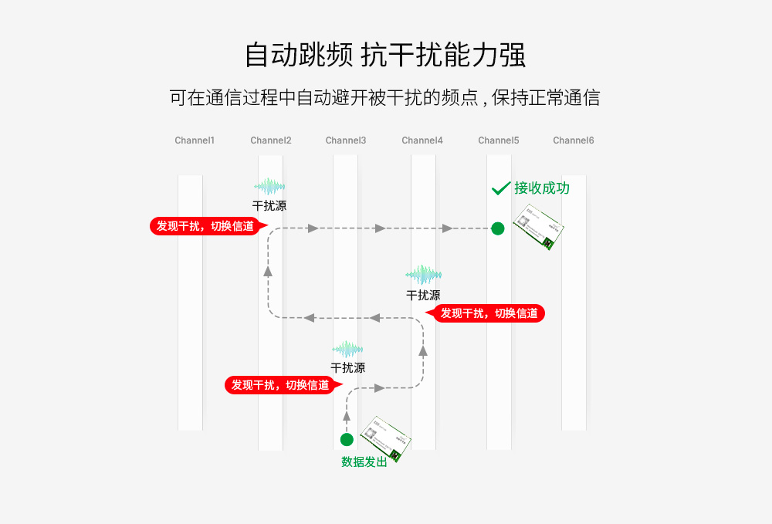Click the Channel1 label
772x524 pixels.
click(x=195, y=140)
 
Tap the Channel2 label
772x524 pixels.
click(x=271, y=140)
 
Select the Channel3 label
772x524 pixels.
click(x=346, y=140)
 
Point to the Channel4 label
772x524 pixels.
click(x=422, y=140)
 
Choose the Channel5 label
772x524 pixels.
click(x=499, y=140)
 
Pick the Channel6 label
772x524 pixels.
click(x=574, y=140)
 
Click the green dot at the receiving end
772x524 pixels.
click(x=498, y=228)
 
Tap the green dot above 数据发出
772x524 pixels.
click(x=347, y=440)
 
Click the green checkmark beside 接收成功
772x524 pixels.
click(x=501, y=188)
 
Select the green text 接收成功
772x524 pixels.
click(x=542, y=188)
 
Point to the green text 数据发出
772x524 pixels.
click(x=364, y=462)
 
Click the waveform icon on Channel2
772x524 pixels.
click(x=269, y=186)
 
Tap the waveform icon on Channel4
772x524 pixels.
click(x=423, y=275)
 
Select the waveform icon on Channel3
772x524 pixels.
click(x=347, y=349)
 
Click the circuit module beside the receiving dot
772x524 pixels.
click(x=539, y=226)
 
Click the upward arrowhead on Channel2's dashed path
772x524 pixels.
click(x=268, y=270)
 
